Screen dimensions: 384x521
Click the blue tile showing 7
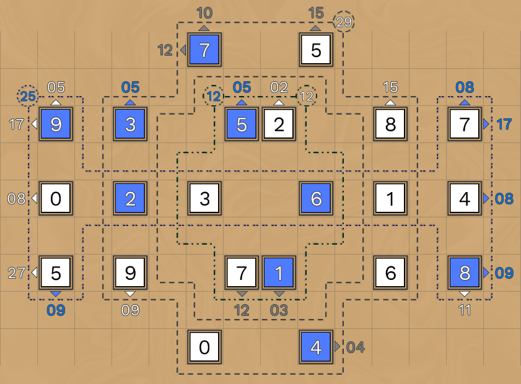[204, 50]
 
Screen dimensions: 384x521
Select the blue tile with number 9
[56, 124]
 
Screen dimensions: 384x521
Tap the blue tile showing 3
[130, 124]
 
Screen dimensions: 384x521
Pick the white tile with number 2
[279, 124]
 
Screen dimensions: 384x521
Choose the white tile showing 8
[390, 124]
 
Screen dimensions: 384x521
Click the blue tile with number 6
[316, 199]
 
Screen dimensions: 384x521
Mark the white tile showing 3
[204, 199]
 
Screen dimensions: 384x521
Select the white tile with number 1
[390, 199]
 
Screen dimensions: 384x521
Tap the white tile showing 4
[465, 199]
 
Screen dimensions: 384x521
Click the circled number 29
[344, 22]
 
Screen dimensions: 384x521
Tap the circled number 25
[27, 96]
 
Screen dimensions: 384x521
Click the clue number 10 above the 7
[204, 13]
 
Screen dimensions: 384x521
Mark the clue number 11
[465, 310]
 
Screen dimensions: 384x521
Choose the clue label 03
[279, 310]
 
